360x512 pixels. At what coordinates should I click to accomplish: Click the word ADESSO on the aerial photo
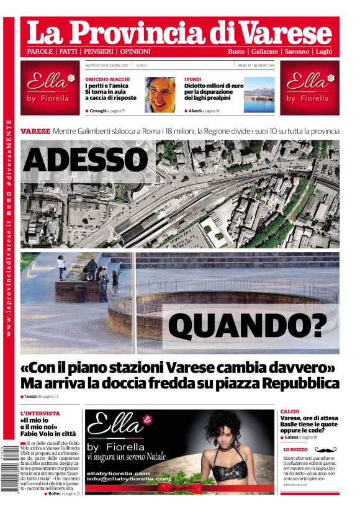point(85,159)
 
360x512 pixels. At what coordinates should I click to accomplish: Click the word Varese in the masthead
point(287,31)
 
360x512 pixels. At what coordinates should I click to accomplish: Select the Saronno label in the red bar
point(298,52)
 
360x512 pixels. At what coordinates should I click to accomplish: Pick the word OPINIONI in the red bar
point(135,52)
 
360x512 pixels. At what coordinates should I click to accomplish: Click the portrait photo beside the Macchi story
point(160,94)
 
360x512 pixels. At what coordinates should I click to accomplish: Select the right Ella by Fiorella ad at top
point(309,88)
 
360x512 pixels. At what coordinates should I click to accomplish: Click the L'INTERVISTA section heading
point(40,413)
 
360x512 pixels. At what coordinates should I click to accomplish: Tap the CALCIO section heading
point(290,411)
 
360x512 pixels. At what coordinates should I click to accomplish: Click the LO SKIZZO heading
point(295,449)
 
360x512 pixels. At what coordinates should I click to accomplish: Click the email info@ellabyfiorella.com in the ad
point(128,479)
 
